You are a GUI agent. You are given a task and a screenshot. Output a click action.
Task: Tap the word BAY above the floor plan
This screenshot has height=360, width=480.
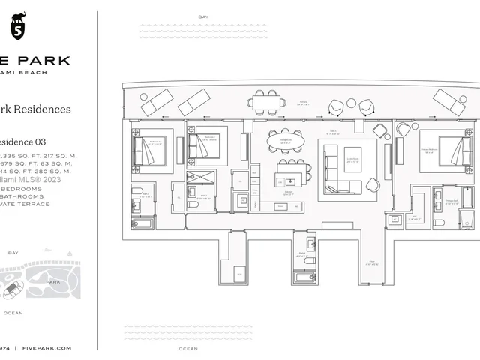[203, 16]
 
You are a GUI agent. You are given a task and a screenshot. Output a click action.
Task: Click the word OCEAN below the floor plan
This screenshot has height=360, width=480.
[188, 348]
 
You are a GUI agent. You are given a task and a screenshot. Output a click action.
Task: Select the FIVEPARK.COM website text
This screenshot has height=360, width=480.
[47, 348]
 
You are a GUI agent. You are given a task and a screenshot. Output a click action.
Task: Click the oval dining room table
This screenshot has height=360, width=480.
[286, 140]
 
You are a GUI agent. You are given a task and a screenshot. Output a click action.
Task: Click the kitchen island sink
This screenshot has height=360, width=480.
[289, 181]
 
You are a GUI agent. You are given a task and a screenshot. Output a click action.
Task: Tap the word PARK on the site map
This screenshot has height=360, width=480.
[53, 282]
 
